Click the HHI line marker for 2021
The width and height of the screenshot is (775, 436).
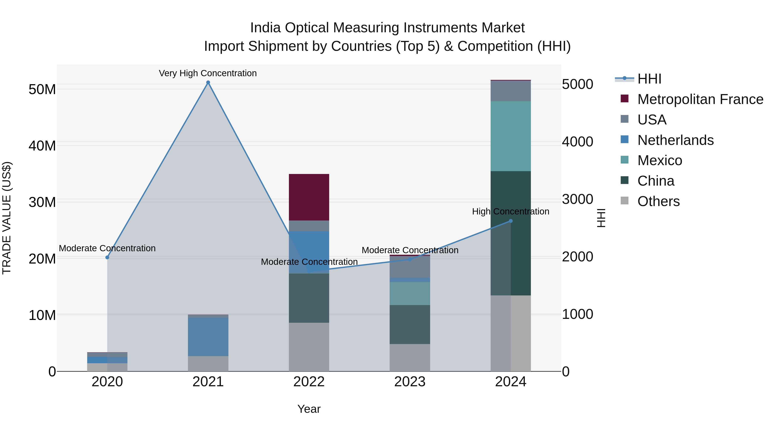(208, 82)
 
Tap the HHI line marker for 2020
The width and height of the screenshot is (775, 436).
(107, 257)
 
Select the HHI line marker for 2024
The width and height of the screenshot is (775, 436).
(511, 221)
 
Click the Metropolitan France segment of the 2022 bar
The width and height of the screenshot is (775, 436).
(309, 197)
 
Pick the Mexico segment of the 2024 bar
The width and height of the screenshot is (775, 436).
(511, 136)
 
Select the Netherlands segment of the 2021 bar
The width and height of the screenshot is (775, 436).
(208, 337)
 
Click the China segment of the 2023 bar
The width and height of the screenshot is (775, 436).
(410, 324)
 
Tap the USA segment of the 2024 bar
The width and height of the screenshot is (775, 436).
(511, 91)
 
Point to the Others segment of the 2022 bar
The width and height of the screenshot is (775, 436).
(309, 347)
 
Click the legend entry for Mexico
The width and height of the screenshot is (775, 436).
(659, 160)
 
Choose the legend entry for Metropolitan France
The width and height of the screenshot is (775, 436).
(700, 99)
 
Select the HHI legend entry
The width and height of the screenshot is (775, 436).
(649, 79)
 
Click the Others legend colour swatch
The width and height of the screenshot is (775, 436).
(625, 201)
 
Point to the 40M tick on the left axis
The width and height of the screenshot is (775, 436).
(42, 146)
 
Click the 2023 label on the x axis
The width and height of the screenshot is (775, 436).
(410, 382)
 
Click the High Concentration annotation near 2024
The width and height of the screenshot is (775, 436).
(511, 211)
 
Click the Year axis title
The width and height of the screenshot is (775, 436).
(309, 409)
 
